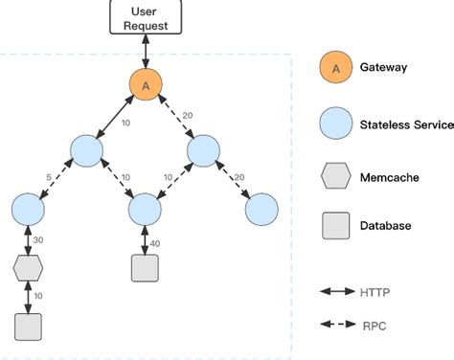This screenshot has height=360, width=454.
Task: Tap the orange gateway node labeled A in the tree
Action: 145,86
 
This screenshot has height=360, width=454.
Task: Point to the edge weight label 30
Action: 39,239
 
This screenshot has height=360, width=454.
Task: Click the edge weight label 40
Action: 154,243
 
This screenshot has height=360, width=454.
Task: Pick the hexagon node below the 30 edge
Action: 28,268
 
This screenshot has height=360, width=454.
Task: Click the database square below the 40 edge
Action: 144,268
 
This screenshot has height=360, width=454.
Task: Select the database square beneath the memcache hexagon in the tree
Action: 28,326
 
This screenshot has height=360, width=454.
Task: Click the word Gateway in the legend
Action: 385,69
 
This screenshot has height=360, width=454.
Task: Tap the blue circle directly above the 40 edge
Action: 144,208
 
